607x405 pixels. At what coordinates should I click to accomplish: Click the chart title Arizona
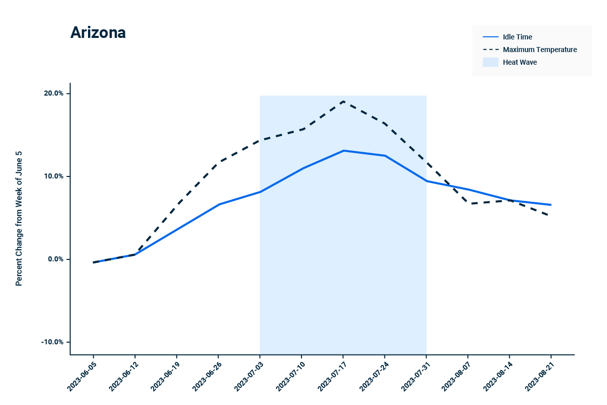(98, 33)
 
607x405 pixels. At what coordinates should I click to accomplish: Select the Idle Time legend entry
(517, 37)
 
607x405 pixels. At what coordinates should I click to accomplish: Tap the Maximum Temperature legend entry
(539, 50)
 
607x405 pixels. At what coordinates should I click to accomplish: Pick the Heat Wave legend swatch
(490, 62)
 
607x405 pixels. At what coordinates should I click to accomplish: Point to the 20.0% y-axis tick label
(54, 94)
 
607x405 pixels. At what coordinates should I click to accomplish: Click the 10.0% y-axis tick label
(54, 176)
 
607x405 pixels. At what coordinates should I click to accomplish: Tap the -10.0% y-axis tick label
(53, 342)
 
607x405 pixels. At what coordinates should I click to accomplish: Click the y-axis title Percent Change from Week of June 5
(19, 218)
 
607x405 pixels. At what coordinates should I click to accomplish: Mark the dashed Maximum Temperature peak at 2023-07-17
(343, 101)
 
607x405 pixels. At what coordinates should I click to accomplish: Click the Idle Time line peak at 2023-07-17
(343, 151)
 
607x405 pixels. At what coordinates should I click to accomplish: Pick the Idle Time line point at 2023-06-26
(219, 204)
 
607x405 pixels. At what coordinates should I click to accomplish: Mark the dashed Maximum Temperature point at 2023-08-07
(468, 204)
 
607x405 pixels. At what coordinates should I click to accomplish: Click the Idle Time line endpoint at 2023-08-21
(550, 205)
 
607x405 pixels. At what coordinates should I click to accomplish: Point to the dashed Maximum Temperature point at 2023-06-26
(219, 162)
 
